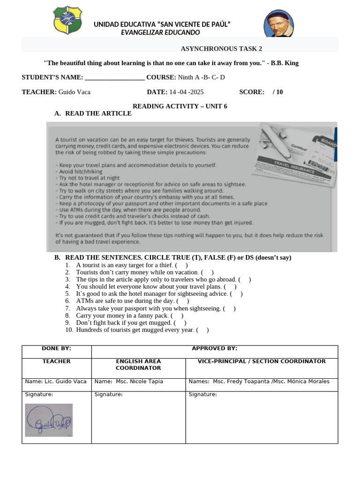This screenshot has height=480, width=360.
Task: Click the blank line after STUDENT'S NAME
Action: click(115, 78)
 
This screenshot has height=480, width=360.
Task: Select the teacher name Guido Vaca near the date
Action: click(74, 92)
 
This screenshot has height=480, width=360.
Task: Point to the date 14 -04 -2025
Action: click(187, 92)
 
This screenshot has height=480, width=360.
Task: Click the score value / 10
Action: click(277, 92)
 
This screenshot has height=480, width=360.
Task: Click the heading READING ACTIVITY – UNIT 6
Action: click(180, 106)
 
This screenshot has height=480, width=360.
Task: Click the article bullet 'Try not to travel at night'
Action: click(88, 178)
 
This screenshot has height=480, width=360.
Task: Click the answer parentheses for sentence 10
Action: click(202, 330)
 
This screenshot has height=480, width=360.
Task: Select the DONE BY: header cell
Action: click(57, 349)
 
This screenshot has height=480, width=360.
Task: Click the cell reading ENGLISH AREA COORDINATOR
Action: click(138, 365)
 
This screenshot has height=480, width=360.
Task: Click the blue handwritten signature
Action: click(49, 420)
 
